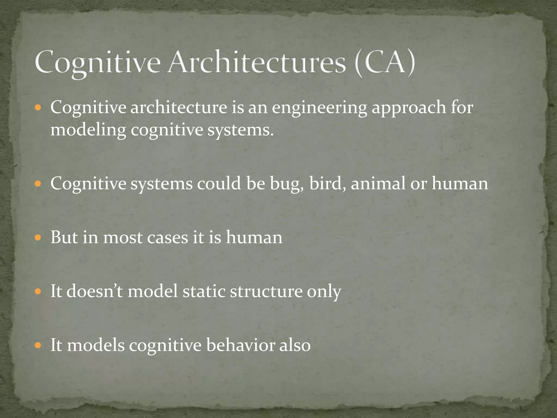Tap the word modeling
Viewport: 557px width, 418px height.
pos(88,130)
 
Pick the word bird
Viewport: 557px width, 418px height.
pos(327,183)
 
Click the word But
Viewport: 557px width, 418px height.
pos(64,237)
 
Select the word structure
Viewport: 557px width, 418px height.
pos(266,291)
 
